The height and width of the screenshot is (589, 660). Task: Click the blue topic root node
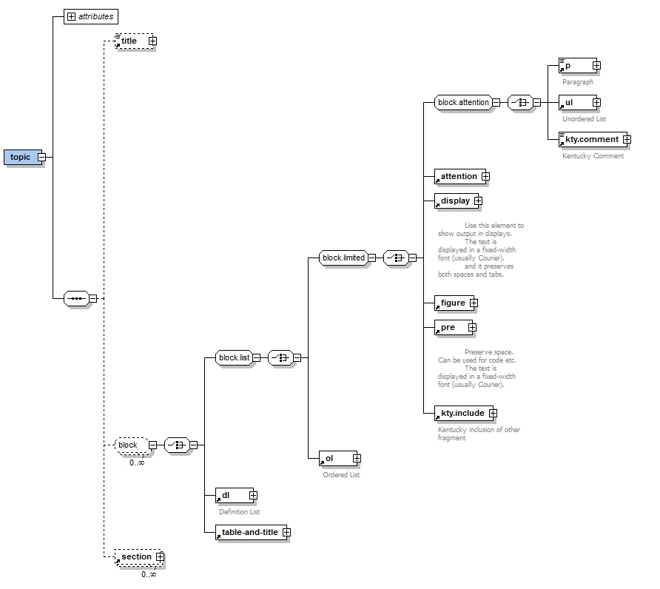click(21, 157)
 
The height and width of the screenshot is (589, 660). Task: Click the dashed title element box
click(130, 41)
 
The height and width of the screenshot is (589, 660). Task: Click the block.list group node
click(233, 357)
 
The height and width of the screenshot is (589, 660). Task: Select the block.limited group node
click(343, 258)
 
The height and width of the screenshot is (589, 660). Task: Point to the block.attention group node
click(463, 103)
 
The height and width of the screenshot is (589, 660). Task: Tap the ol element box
click(334, 459)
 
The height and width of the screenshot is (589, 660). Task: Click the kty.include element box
click(462, 414)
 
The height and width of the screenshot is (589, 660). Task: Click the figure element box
click(452, 303)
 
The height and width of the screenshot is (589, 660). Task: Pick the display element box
click(454, 201)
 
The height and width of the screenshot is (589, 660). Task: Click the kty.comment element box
click(590, 139)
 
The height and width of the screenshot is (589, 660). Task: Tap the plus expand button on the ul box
click(596, 103)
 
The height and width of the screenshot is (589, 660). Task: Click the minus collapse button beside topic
click(42, 157)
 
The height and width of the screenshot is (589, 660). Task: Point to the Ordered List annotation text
click(340, 475)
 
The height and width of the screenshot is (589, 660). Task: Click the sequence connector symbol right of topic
click(76, 298)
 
